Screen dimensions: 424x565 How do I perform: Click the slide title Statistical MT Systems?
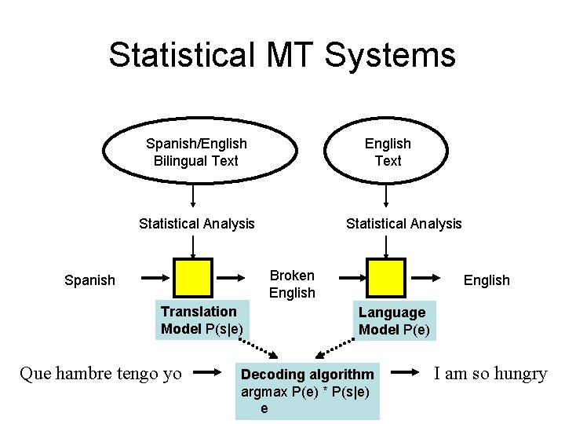click(282, 55)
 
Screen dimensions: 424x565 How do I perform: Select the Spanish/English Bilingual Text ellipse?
click(196, 152)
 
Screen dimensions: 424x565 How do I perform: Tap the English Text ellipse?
click(388, 152)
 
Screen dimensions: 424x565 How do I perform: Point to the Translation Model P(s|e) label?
click(202, 320)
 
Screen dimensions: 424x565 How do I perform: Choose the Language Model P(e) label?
click(394, 321)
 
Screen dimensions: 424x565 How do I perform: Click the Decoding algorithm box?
click(307, 390)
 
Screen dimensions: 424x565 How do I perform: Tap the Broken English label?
click(292, 284)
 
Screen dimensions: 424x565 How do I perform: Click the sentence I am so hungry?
click(490, 374)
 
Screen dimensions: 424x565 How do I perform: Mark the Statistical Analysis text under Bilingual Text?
click(196, 224)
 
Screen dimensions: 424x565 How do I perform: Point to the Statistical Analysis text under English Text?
click(404, 224)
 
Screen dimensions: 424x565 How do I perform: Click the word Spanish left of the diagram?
click(89, 280)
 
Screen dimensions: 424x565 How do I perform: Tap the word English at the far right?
click(487, 280)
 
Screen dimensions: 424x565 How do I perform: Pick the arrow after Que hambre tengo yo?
click(206, 374)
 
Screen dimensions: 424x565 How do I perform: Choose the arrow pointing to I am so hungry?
click(406, 374)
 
